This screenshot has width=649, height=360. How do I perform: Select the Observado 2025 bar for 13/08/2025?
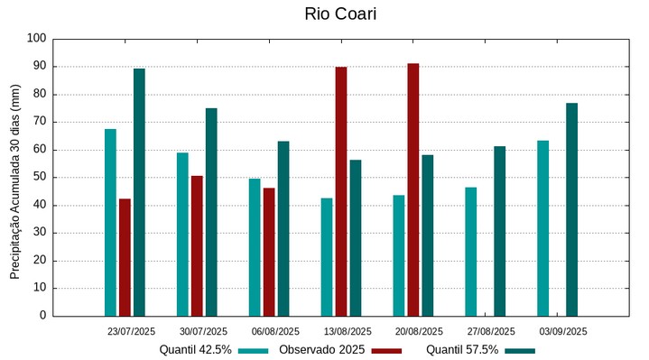pos(341,191)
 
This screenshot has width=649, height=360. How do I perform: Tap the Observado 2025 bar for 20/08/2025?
pos(413,189)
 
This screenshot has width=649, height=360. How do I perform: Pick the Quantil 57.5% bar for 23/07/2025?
pos(139,192)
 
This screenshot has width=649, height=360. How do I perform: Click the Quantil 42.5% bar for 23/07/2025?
pos(110,222)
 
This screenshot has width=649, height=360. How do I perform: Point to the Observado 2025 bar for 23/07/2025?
pos(125,257)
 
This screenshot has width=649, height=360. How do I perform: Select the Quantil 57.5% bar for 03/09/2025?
pos(571,209)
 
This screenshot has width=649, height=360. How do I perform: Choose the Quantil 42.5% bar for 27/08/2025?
pos(470,251)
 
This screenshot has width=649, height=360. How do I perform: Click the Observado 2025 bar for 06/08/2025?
pos(269,252)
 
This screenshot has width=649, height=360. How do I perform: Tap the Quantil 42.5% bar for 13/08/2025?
pos(327,257)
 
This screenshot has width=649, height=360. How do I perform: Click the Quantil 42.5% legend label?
pos(196,350)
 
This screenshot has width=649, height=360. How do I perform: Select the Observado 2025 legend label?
pos(321,350)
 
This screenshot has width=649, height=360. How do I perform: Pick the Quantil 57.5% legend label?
pos(462,350)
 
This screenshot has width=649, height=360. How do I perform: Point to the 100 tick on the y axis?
pos(36,39)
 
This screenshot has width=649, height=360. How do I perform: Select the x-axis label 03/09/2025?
pos(563,331)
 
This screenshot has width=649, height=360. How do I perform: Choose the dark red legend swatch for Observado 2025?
pos(386,350)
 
